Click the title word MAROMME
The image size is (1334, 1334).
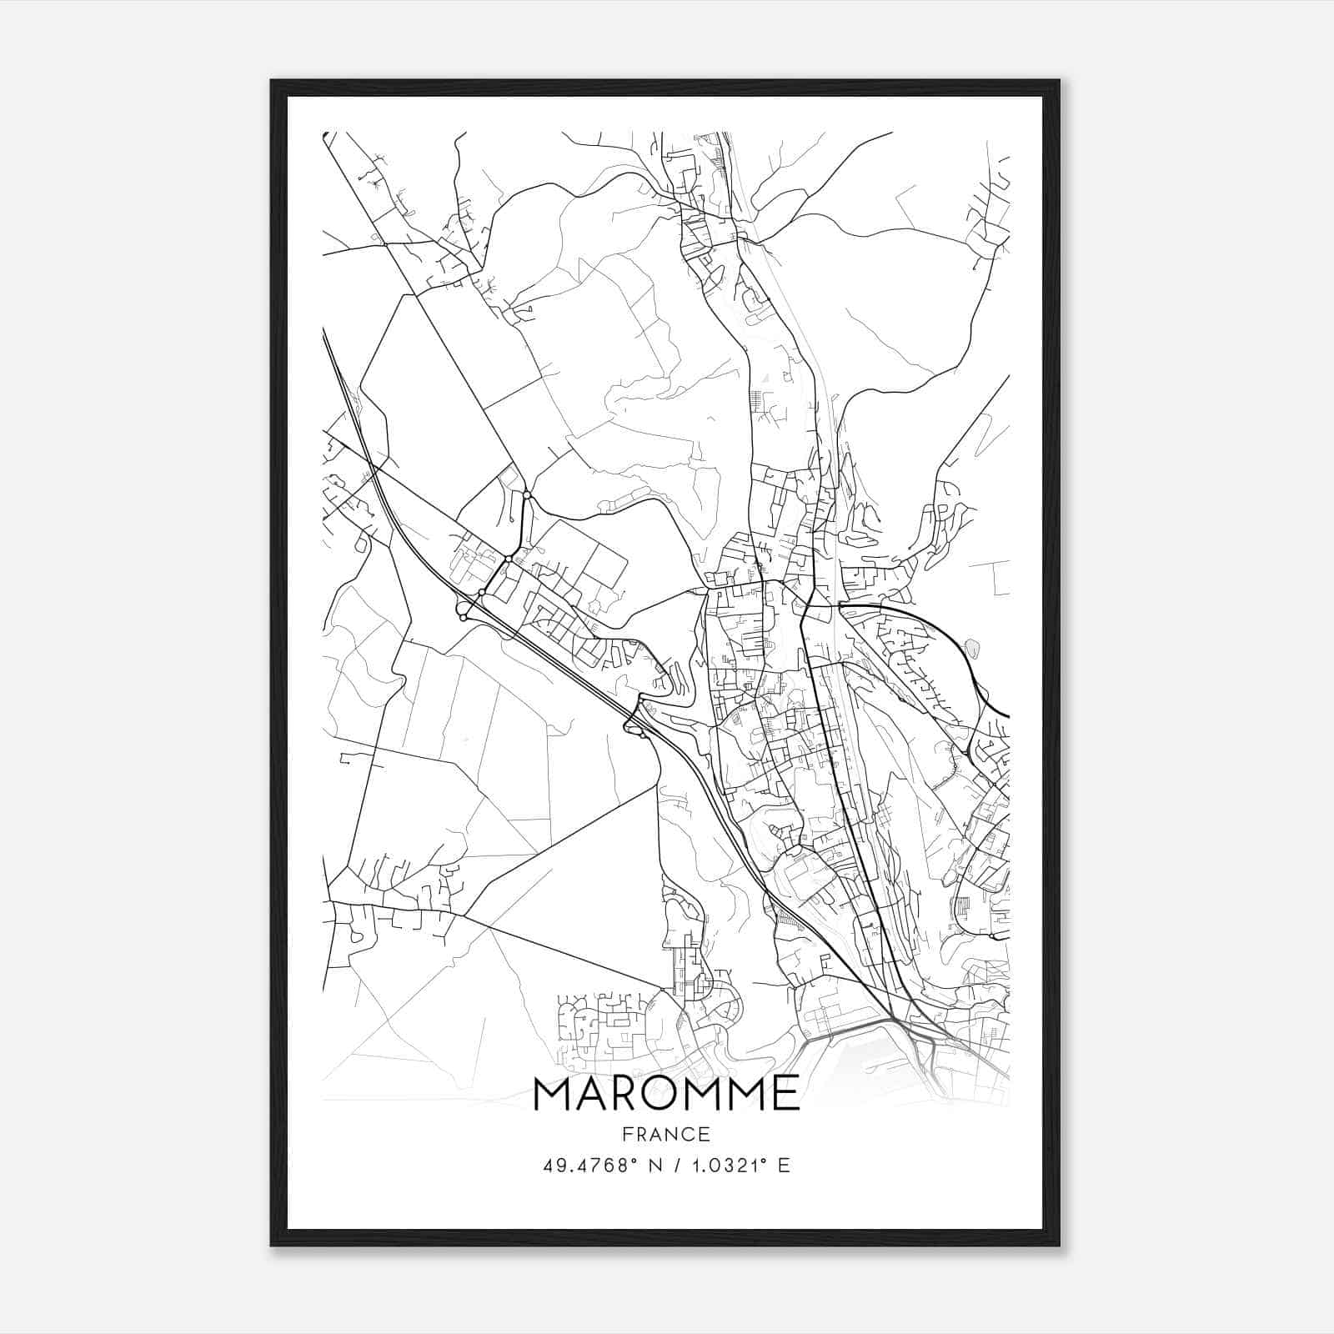[666, 1093]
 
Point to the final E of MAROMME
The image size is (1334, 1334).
[787, 1093]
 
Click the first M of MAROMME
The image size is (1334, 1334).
[553, 1093]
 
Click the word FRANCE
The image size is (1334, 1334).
[666, 1134]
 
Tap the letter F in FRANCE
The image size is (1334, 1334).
[627, 1134]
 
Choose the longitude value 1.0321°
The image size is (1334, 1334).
[722, 1165]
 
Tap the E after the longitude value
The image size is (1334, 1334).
[783, 1165]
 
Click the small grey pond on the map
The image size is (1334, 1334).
[971, 646]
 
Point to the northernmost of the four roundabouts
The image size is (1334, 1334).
[527, 496]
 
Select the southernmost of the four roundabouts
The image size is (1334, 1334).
[464, 618]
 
